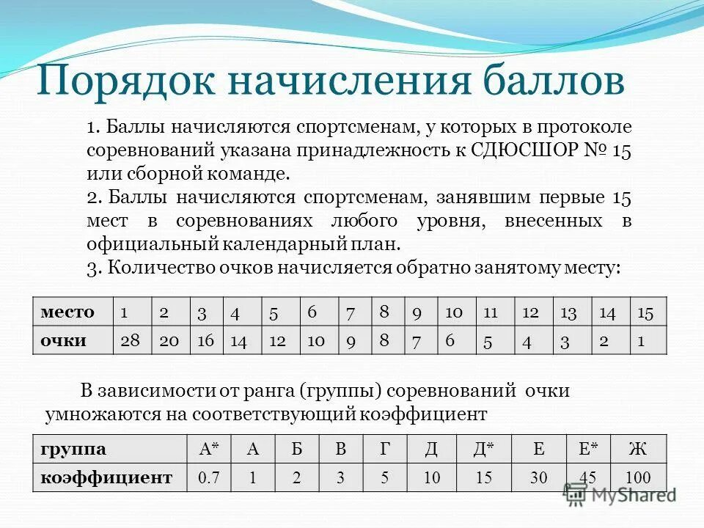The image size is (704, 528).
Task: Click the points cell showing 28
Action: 132,340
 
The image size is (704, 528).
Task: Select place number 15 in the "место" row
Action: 645,312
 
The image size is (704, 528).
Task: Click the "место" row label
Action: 68,312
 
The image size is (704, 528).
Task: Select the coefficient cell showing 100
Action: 638,478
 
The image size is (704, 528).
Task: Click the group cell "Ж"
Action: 638,449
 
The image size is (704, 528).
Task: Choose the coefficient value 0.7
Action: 209,478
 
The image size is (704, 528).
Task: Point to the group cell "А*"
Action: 210,449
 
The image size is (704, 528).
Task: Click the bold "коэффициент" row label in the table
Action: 106,478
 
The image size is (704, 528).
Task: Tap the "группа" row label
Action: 73,449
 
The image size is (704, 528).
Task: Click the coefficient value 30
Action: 539,478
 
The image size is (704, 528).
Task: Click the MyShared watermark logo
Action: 620,495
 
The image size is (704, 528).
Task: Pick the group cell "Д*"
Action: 483,449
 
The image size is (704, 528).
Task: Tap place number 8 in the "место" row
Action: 384,311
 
